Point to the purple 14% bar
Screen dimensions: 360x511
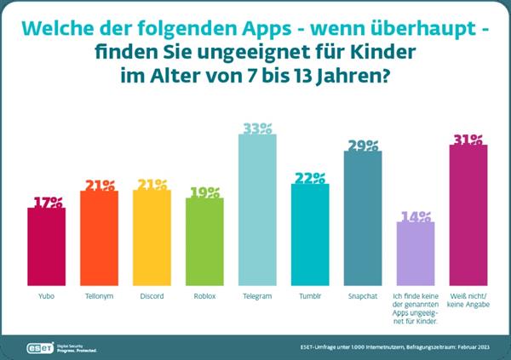point(416,252)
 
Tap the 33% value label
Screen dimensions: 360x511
point(257,129)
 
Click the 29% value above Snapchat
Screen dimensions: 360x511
point(363,146)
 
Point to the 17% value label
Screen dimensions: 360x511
point(47,203)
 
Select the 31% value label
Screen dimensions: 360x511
point(468,139)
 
